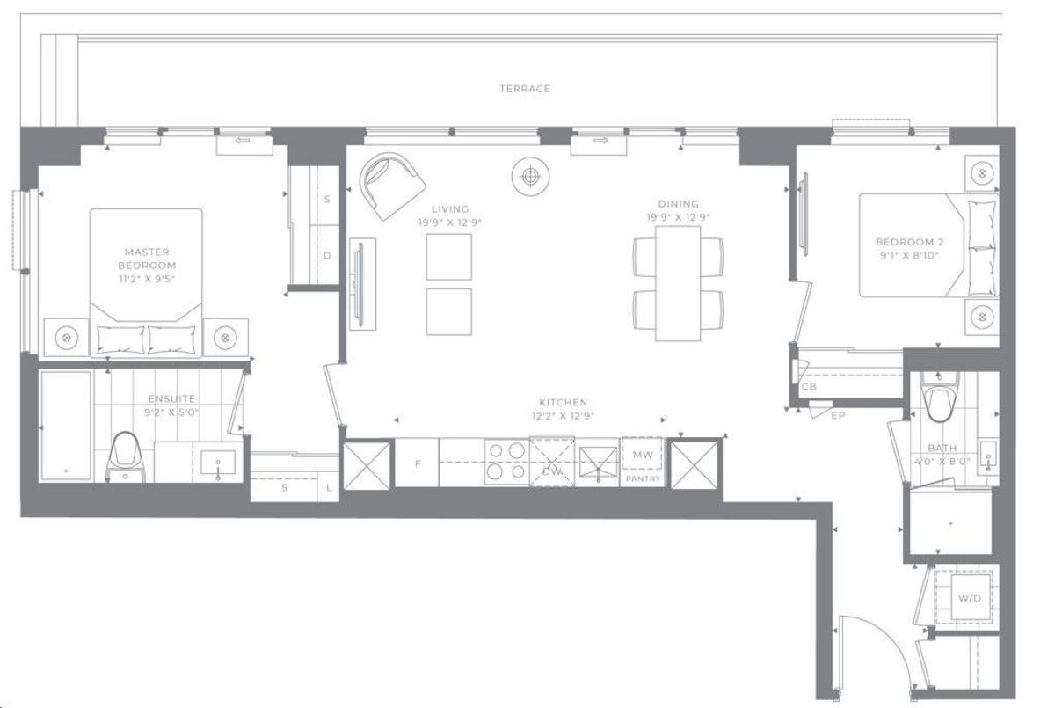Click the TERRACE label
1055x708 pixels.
[x=525, y=89]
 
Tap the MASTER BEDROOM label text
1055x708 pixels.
[x=147, y=259]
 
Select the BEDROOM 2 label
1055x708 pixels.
[x=909, y=242]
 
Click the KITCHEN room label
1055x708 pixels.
[x=564, y=402]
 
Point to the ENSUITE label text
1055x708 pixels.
[x=171, y=399]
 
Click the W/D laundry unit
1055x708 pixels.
[x=970, y=598]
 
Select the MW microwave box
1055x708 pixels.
[x=643, y=455]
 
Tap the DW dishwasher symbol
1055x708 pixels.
[x=552, y=462]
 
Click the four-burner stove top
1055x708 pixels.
[x=506, y=462]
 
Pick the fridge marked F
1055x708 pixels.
[x=417, y=463]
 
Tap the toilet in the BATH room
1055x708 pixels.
[x=939, y=398]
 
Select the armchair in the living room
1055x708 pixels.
[x=392, y=186]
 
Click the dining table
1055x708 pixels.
[x=678, y=283]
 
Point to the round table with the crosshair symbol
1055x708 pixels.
[x=530, y=177]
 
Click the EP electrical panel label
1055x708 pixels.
[x=839, y=415]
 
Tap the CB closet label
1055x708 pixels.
[x=809, y=387]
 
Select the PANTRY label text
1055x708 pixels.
[x=643, y=478]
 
